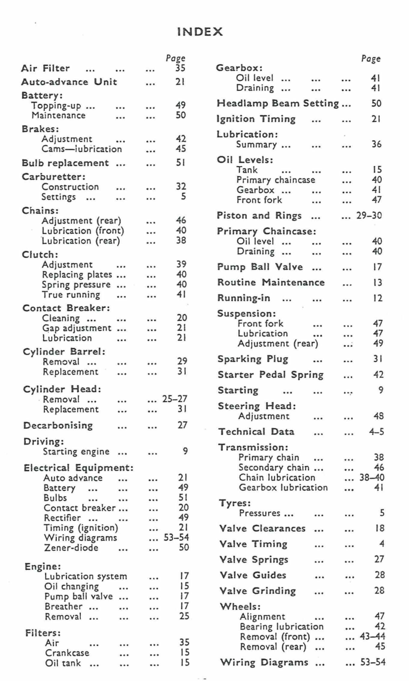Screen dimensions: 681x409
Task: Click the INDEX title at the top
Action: click(x=200, y=32)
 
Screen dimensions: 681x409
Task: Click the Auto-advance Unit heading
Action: click(x=69, y=82)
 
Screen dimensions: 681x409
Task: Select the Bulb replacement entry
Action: click(x=65, y=163)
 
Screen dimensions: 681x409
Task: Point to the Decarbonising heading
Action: click(x=58, y=425)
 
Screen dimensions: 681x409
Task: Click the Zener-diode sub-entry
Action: click(x=71, y=548)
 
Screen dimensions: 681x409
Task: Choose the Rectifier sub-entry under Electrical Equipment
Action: click(x=62, y=518)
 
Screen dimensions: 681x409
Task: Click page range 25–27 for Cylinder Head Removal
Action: click(x=175, y=399)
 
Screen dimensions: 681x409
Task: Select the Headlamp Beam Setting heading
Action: click(x=278, y=104)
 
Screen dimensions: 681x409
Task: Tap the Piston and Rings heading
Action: click(x=259, y=216)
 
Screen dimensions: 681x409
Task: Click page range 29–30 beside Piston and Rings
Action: click(x=369, y=216)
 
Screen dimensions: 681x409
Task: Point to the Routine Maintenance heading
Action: click(x=271, y=282)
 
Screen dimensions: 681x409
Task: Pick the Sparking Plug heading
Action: click(x=253, y=359)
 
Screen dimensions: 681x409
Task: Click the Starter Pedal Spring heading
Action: click(x=271, y=375)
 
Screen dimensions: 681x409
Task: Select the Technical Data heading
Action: click(x=256, y=432)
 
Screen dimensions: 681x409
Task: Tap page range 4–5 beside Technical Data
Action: click(x=376, y=432)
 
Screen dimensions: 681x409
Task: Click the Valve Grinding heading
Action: click(x=258, y=591)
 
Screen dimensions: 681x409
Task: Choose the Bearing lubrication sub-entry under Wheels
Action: click(x=281, y=627)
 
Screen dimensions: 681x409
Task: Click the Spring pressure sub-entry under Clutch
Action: click(x=76, y=285)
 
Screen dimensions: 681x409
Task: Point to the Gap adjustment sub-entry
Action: click(x=77, y=328)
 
